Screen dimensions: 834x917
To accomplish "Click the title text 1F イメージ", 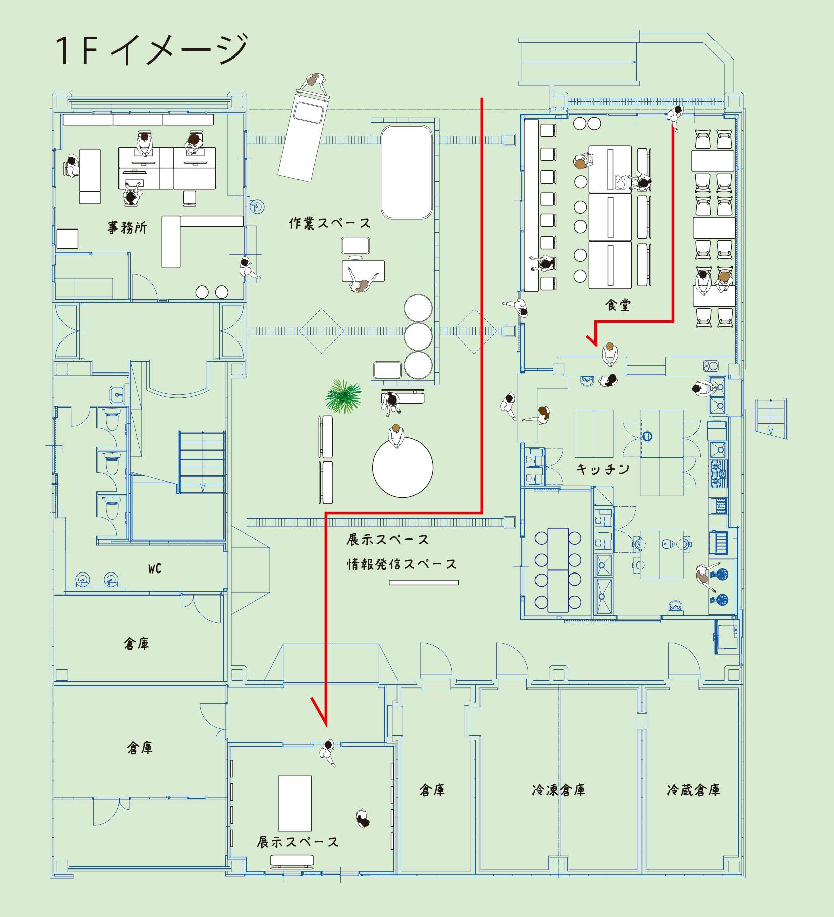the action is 152,50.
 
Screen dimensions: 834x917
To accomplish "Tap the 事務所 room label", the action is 128,227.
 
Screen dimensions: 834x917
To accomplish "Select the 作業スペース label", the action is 330,223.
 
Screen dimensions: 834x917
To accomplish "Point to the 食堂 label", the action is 618,305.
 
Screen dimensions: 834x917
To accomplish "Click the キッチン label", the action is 603,469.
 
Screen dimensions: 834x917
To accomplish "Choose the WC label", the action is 155,569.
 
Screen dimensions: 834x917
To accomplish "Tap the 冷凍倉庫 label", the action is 558,790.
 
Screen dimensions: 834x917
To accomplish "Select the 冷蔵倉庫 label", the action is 693,790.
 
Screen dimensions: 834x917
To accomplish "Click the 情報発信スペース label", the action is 401,564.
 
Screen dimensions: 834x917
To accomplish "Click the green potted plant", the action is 343,396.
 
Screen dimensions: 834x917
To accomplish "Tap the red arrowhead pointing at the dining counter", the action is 593,339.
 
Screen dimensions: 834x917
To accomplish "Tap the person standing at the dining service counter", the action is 609,354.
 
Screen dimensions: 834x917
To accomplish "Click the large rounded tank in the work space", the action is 406,171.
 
